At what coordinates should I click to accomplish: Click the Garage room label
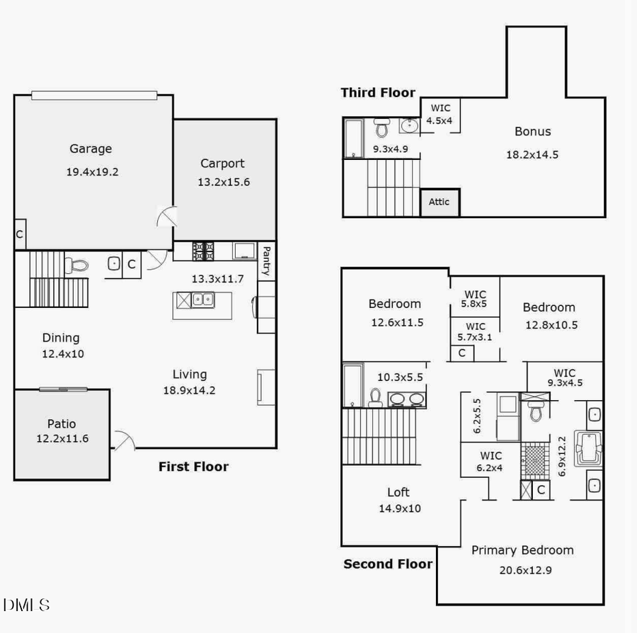90,149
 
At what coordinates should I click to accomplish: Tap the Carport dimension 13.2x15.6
223,182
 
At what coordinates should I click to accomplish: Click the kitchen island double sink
202,300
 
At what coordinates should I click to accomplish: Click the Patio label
62,424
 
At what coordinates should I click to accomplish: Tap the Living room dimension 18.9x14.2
190,389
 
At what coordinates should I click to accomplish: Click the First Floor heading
193,467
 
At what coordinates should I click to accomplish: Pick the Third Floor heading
378,93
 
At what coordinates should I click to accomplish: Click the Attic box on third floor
439,202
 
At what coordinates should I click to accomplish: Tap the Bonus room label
532,131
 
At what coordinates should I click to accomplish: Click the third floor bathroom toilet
382,128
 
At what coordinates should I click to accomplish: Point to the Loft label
398,492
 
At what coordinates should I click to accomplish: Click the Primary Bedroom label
522,550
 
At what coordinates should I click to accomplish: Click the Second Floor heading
387,564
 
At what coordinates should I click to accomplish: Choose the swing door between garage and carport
167,215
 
